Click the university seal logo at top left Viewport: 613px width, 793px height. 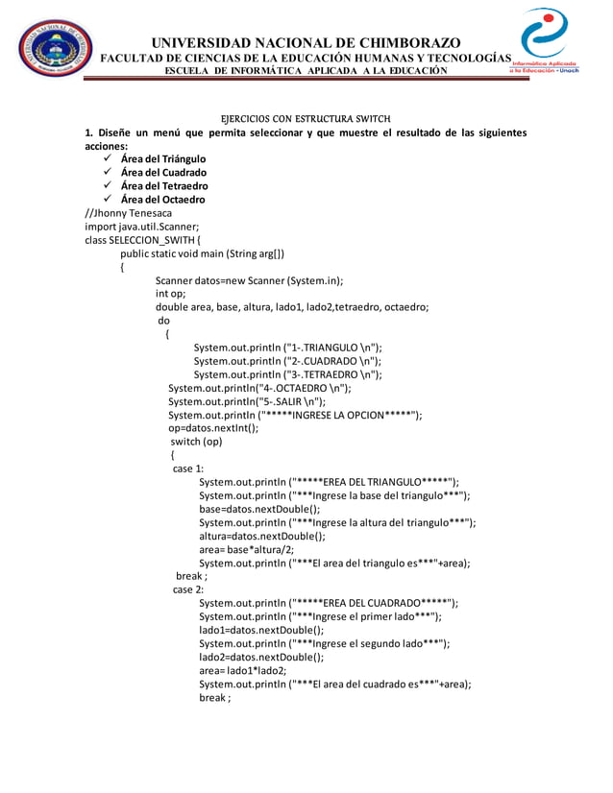point(57,47)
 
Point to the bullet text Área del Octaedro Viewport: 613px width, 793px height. point(163,200)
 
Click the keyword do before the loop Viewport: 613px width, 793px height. point(163,321)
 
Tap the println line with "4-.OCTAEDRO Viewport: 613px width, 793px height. point(259,388)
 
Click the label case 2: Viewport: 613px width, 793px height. point(188,589)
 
